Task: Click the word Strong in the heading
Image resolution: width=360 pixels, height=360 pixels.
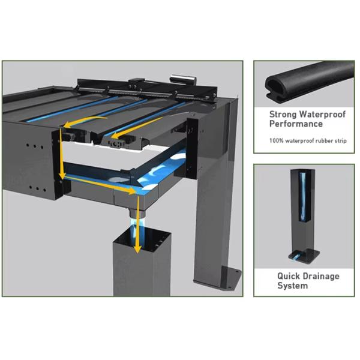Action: (283, 115)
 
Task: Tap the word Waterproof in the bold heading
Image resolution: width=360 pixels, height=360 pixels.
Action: (323, 114)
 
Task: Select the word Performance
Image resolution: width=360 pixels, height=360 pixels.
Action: (296, 124)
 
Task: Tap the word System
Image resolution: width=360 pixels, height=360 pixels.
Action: (293, 286)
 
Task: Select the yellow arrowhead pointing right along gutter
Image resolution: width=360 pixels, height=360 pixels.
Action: (132, 190)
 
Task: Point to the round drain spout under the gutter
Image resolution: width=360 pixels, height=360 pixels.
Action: (137, 213)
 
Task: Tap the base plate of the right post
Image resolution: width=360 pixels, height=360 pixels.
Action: (231, 277)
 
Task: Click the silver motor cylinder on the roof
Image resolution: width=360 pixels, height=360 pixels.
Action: (183, 79)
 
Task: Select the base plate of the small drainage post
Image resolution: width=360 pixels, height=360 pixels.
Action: (304, 256)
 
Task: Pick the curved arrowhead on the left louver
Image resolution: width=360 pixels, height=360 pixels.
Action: (67, 125)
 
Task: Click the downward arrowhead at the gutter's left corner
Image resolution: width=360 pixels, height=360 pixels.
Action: (62, 175)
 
